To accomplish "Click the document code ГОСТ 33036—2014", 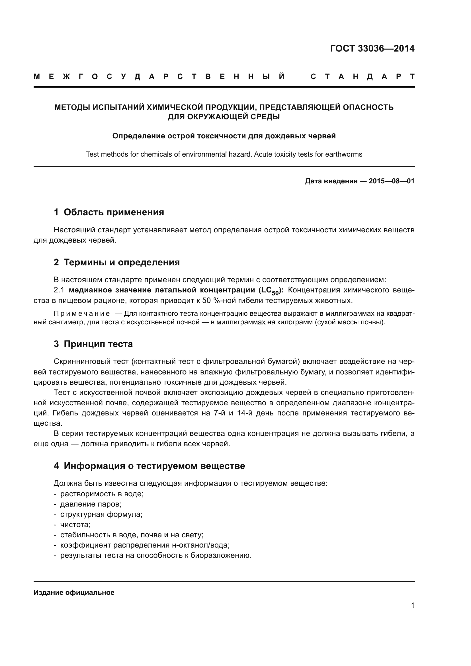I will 372,48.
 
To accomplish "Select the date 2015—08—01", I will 391,181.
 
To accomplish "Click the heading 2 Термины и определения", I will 116,262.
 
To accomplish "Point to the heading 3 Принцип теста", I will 93,344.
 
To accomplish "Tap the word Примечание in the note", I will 81,313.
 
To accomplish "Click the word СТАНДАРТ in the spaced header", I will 362,77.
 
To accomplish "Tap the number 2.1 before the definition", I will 59,290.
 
